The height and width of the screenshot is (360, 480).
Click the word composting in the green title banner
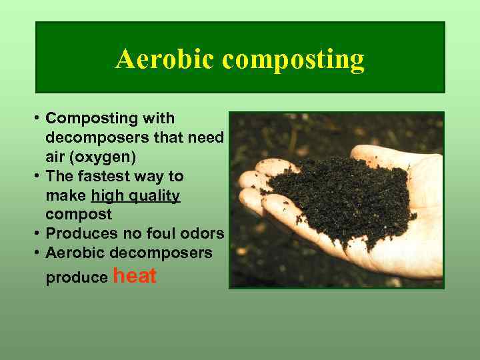[x=293, y=60]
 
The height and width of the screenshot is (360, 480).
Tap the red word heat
[x=135, y=276]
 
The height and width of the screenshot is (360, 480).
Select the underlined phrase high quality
[x=135, y=196]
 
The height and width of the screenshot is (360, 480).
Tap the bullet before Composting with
[x=38, y=119]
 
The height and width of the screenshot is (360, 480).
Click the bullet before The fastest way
[x=38, y=177]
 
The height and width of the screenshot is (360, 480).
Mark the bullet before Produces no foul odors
[x=38, y=234]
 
